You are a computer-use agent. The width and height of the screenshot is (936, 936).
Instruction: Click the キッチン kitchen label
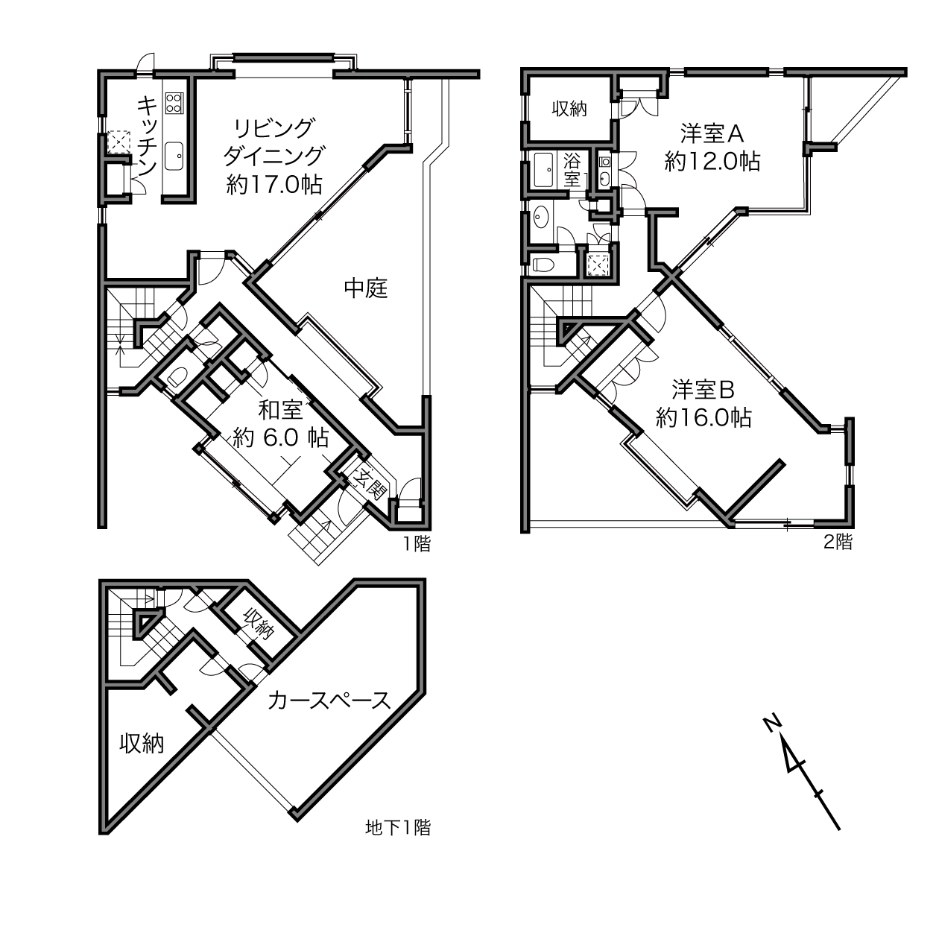pos(147,136)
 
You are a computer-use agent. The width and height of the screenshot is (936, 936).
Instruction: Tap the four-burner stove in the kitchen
pos(174,103)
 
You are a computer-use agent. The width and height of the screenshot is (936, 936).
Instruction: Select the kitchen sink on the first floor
pos(174,156)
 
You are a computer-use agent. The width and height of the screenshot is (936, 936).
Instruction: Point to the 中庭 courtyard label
pos(366,288)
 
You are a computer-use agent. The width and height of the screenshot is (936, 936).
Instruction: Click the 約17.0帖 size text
pos(274,185)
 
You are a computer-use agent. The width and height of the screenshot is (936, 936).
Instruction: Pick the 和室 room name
pos(281,410)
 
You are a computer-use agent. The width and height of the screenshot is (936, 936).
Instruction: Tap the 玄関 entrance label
pos(370,485)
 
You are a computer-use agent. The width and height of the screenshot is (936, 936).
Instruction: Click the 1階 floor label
pos(417,544)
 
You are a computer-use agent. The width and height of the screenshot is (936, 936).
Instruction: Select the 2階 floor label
pos(838,542)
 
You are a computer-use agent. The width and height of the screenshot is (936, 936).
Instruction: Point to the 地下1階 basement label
pos(398,827)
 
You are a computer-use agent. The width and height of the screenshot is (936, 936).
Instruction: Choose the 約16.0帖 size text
pos(703,418)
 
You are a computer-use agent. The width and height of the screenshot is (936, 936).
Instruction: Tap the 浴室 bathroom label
pos(572,170)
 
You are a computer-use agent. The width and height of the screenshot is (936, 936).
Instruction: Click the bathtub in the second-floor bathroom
pos(543,170)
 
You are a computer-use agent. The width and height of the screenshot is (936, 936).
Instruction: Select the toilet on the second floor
pos(543,265)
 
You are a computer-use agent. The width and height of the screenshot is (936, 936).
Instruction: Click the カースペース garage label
pos(329,701)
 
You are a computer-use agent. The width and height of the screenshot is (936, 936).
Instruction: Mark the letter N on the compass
pos(771,723)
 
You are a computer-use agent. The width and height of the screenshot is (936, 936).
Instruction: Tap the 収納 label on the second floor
pos(569,109)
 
